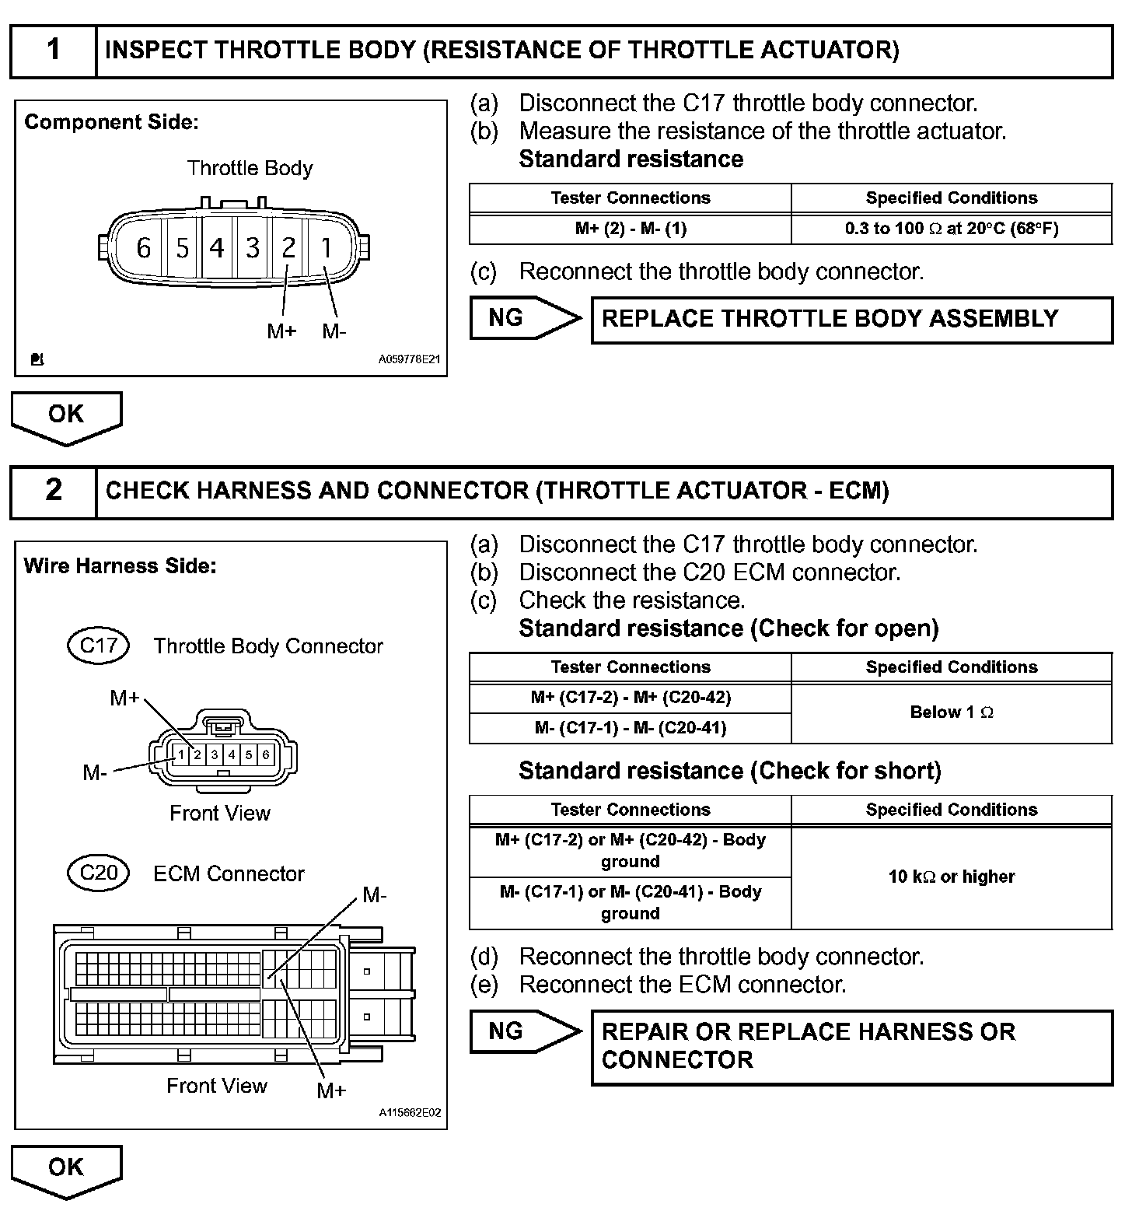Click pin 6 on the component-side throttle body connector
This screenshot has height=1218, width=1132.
pos(143,248)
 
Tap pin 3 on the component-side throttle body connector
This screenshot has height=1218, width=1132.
pos(253,248)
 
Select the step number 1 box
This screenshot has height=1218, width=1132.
pos(53,51)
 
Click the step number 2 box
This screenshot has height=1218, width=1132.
pos(53,491)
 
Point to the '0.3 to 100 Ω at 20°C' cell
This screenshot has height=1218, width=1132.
pos(952,229)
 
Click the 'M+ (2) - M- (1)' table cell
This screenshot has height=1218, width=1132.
pos(631,229)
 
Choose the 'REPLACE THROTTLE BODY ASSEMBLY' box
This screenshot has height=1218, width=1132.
pos(851,319)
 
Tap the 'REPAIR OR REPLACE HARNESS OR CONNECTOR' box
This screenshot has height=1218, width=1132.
pos(851,1046)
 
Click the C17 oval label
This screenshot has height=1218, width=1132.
pos(99,646)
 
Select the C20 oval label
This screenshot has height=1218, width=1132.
pos(99,873)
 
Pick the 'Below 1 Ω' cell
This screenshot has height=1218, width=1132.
pos(952,712)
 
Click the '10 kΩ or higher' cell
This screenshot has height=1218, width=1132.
pos(952,877)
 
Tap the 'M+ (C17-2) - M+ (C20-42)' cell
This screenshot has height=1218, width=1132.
pos(631,698)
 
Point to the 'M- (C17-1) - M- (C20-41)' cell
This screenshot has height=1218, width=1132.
pos(631,728)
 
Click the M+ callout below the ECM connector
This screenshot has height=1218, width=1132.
pos(331,1090)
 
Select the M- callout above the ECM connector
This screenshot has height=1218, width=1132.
pos(375,895)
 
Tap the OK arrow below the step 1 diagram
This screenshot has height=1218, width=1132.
pos(66,415)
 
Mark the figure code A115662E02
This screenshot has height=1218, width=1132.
pos(410,1113)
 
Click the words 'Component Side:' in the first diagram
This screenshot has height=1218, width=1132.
pos(111,122)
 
